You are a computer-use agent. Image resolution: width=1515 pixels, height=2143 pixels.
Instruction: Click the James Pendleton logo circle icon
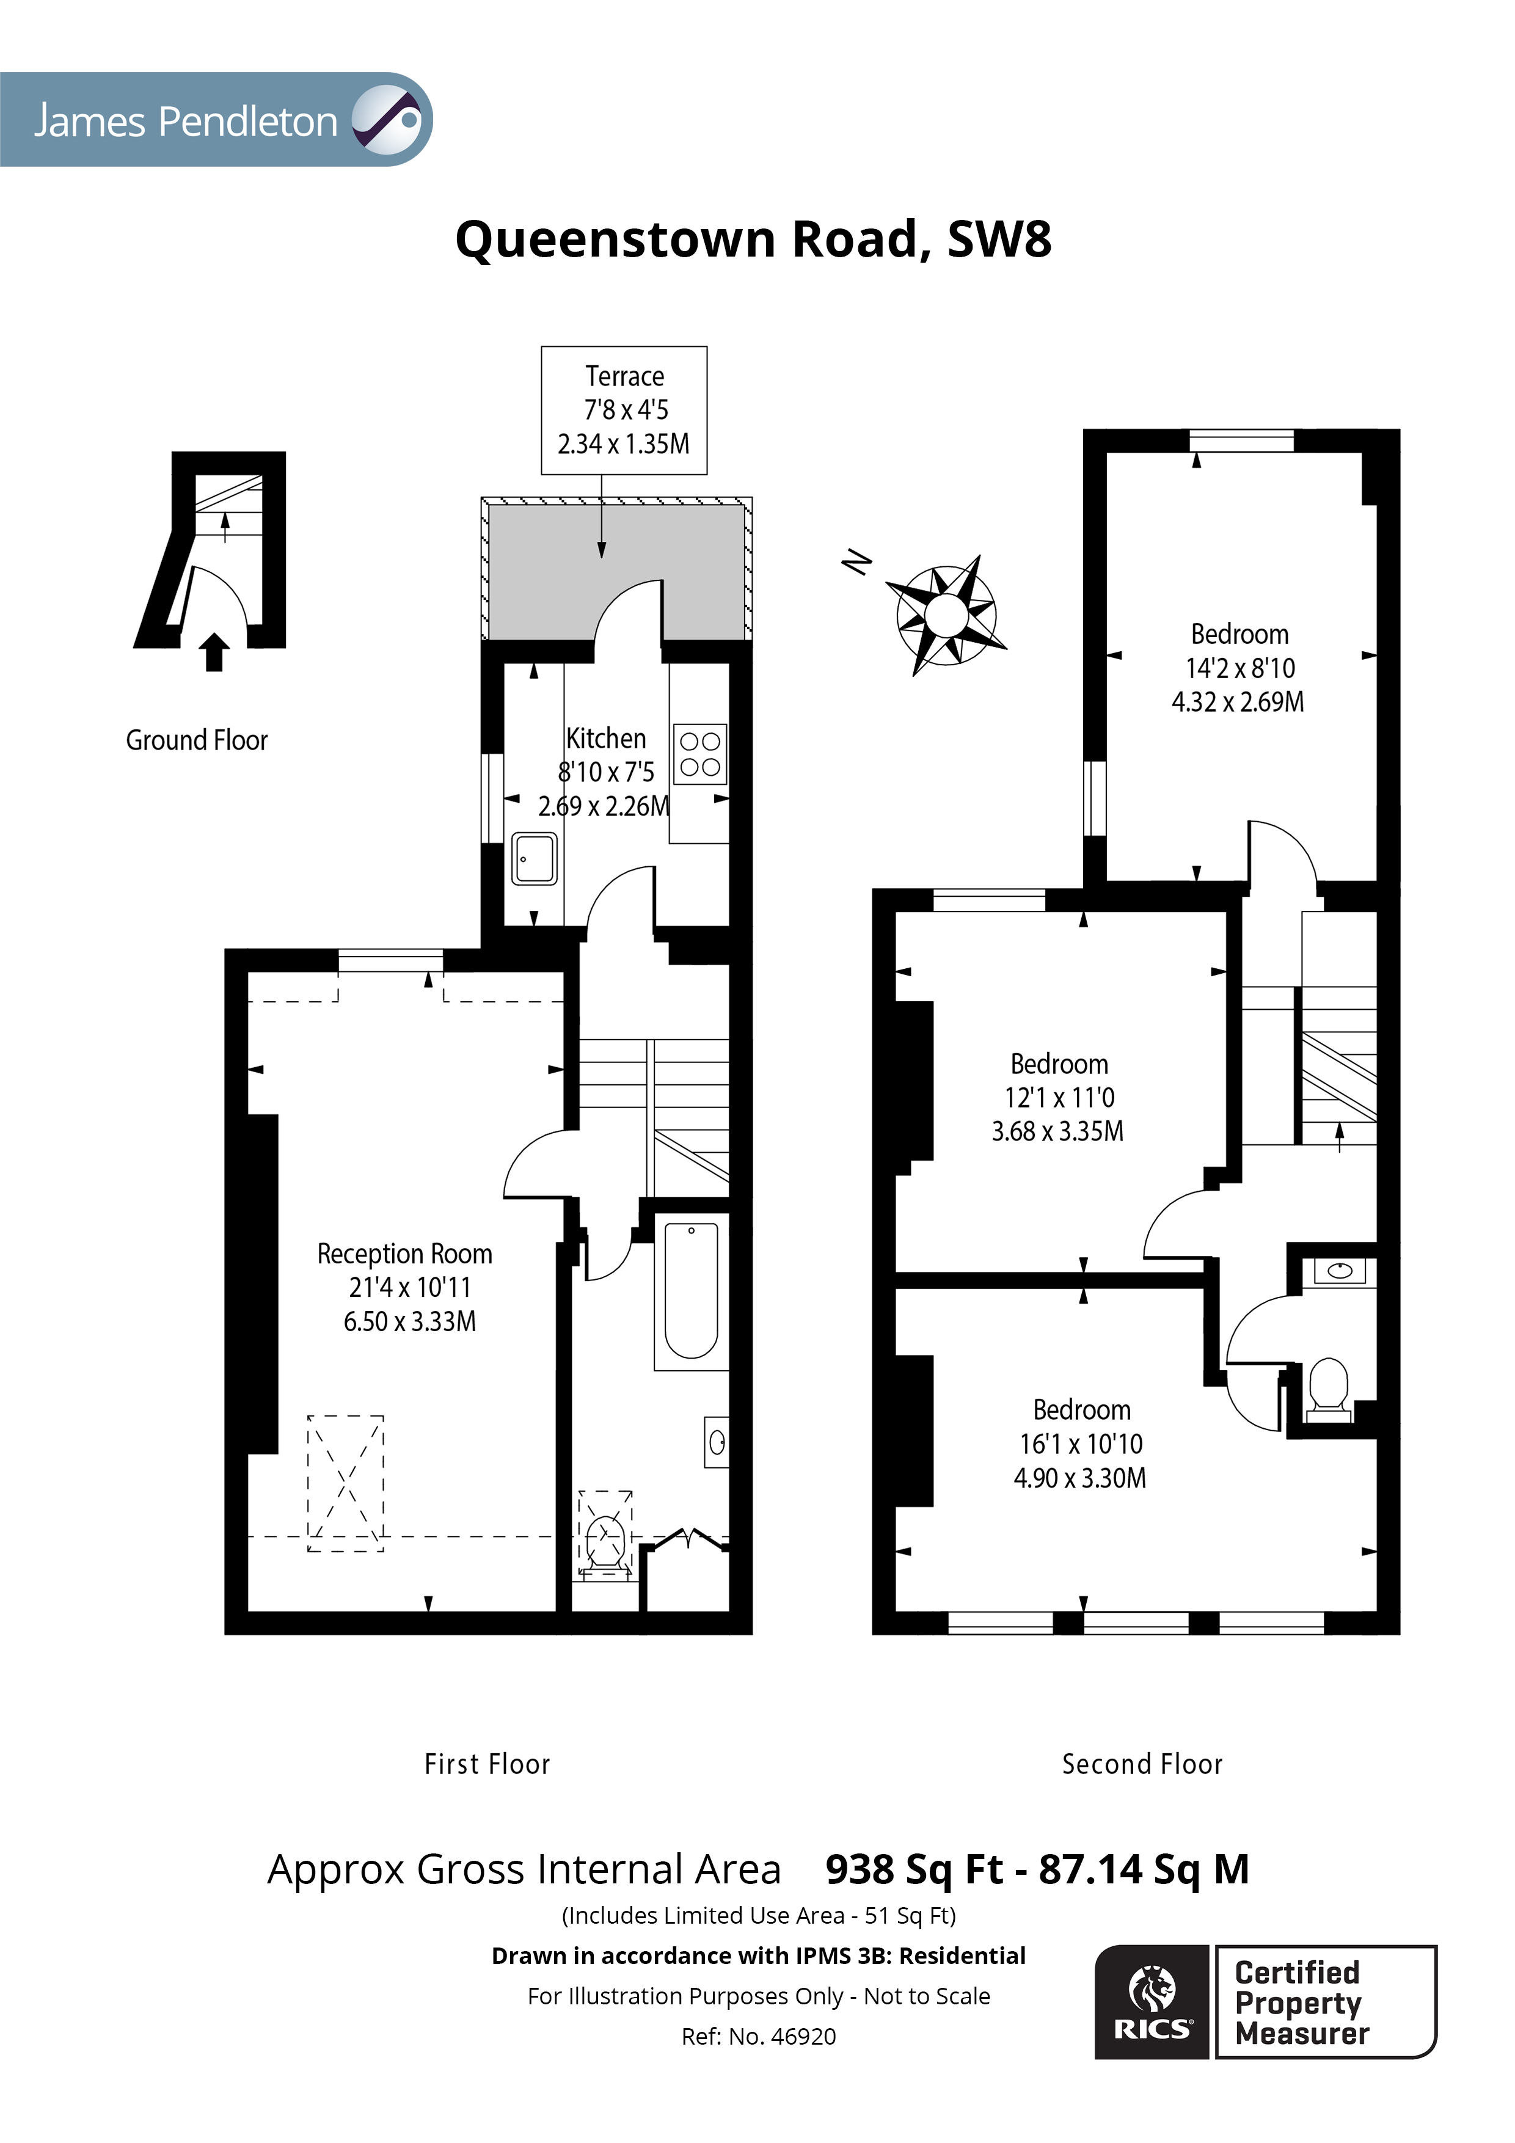click(387, 120)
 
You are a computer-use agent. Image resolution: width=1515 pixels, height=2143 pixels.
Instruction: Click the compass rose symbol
click(946, 615)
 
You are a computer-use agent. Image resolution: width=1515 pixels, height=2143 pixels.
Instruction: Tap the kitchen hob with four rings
click(699, 754)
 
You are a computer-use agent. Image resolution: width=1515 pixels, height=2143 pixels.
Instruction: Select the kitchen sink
click(535, 858)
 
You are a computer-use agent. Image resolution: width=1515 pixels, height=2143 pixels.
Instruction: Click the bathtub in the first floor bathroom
click(691, 1291)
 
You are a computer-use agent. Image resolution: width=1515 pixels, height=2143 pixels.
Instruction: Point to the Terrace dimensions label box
click(624, 410)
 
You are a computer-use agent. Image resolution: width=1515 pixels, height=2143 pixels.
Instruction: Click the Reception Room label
click(404, 1254)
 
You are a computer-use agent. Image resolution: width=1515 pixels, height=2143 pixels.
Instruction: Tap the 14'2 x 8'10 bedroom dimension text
click(1239, 668)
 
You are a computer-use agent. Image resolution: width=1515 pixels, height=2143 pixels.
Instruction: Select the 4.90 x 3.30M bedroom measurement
click(1080, 1478)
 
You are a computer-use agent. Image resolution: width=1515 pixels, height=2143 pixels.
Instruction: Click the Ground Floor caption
click(197, 740)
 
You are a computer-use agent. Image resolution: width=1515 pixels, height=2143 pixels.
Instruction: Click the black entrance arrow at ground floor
click(214, 651)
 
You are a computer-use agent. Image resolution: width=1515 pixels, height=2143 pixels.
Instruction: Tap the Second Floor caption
click(1142, 1764)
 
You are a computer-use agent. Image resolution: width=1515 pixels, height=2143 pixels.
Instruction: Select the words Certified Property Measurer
click(1301, 2003)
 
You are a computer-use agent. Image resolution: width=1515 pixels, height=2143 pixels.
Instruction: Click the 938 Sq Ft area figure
click(914, 1869)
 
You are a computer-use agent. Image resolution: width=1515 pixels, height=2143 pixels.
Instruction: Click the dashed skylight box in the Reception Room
click(345, 1483)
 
